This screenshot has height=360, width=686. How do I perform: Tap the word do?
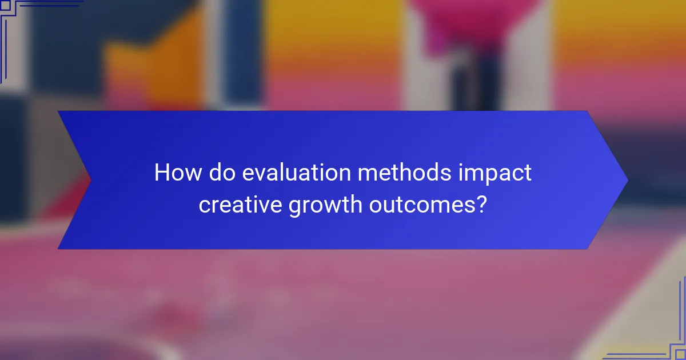pyautogui.click(x=221, y=173)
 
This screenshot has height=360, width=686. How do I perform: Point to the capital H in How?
pyautogui.click(x=161, y=173)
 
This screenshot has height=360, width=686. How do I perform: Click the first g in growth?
pyautogui.click(x=294, y=207)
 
